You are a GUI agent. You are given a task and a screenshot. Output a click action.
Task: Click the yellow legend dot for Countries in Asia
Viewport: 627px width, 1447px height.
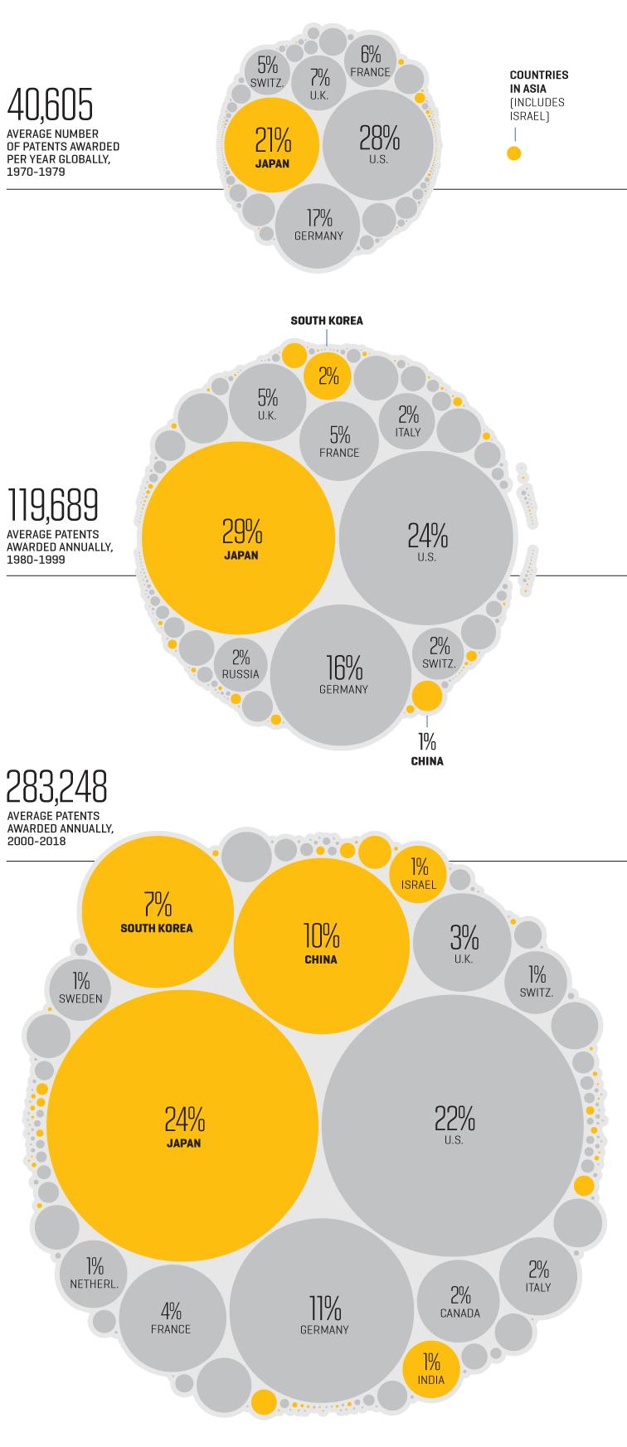pyautogui.click(x=514, y=153)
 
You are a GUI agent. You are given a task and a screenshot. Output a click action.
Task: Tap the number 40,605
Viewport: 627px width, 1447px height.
pyautogui.click(x=50, y=105)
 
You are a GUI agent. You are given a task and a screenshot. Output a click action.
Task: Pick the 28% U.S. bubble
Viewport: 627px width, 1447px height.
pyautogui.click(x=378, y=143)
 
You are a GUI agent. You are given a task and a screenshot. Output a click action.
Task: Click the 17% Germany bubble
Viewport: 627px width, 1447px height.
pyautogui.click(x=318, y=225)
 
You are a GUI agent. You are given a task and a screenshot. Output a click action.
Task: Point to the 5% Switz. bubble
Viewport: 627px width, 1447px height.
pyautogui.click(x=267, y=71)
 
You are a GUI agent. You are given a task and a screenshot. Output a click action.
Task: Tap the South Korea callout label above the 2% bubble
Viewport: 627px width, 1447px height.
pyautogui.click(x=327, y=321)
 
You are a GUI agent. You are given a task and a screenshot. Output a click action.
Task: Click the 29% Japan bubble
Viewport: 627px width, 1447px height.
pyautogui.click(x=239, y=538)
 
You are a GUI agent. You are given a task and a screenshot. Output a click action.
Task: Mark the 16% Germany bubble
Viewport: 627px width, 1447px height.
pyautogui.click(x=343, y=676)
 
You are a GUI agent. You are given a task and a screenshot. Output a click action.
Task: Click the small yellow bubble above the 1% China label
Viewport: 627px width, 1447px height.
pyautogui.click(x=427, y=696)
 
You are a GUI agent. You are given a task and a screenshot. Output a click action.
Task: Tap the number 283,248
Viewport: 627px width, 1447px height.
pyautogui.click(x=57, y=787)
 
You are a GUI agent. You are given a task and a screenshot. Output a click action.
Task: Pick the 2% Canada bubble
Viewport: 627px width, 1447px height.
pyautogui.click(x=459, y=1302)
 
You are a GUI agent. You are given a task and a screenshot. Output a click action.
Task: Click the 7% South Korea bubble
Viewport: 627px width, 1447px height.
pyautogui.click(x=157, y=910)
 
